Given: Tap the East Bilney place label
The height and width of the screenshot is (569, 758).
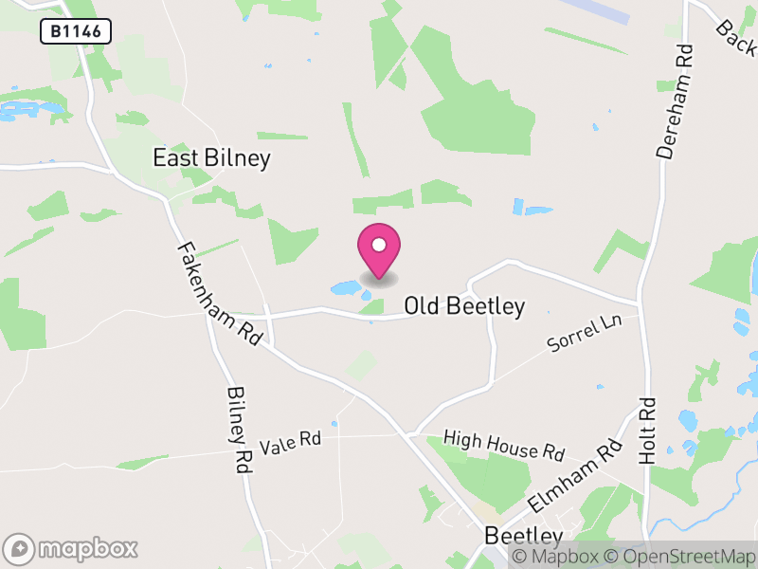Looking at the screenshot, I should point(211,158).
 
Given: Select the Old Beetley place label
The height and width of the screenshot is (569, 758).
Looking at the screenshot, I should point(464,306).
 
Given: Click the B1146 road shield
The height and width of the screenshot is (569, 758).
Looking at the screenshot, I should point(76,32).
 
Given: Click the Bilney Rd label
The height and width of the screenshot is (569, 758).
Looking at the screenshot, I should point(239,430).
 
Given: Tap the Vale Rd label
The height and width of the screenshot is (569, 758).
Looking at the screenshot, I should point(291,441).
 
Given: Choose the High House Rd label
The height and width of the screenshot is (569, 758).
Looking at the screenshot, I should point(504,445).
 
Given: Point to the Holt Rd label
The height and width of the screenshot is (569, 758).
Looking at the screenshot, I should point(648,430).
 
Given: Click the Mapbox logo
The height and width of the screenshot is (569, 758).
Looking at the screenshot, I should point(72,548).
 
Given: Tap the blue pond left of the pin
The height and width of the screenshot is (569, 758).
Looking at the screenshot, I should point(345,286).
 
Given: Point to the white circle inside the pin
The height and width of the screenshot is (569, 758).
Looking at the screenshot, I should point(379,246).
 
